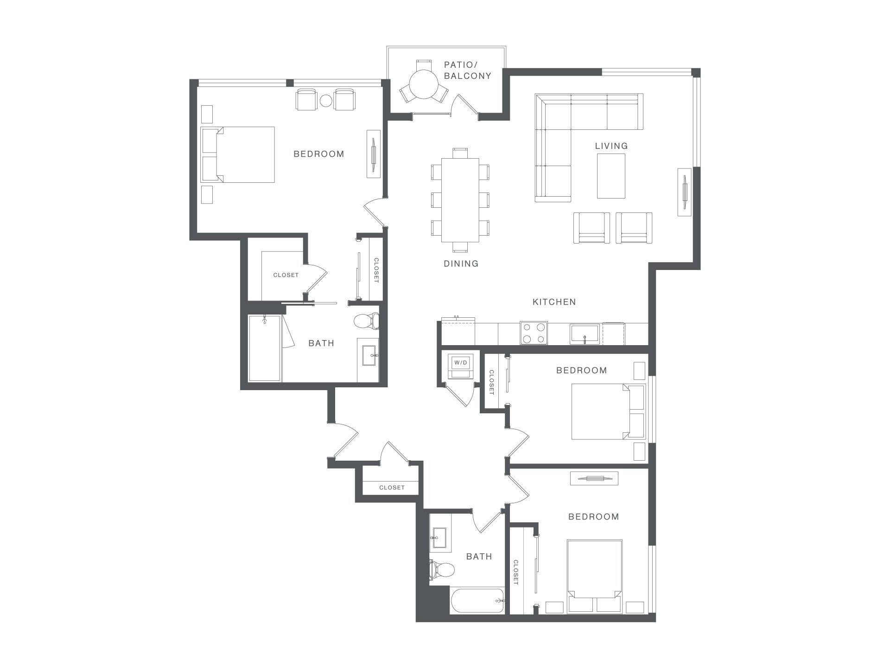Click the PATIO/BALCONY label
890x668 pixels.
coord(467,70)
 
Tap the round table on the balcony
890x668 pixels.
coord(424,84)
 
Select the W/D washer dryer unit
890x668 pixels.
coord(460,367)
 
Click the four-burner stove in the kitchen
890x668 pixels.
coord(534,333)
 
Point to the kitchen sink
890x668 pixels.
coord(585,334)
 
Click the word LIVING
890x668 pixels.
coord(611,146)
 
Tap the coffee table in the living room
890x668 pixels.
coord(611,176)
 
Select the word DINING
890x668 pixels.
coord(461,263)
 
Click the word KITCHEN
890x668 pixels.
coord(554,302)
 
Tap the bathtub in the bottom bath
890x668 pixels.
coord(477,601)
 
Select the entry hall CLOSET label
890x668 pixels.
coord(392,488)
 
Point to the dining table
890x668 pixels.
coord(460,200)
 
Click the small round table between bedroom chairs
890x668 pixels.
coord(326,101)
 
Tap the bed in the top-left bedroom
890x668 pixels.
coord(238,154)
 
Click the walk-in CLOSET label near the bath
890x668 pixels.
coord(286,275)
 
